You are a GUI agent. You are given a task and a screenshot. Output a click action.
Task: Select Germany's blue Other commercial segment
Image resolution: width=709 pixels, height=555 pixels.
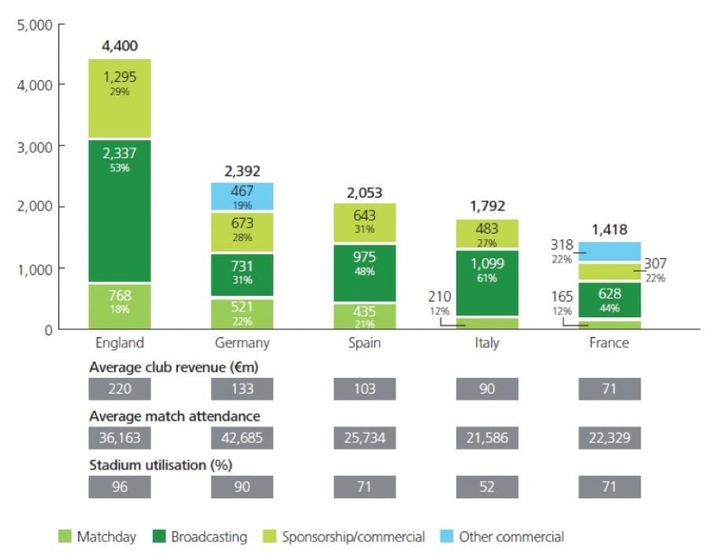[242, 197]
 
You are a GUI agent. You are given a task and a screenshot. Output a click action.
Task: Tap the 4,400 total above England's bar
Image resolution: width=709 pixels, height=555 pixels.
[120, 46]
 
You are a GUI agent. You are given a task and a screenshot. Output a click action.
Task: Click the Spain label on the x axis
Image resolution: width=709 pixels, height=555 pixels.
[365, 343]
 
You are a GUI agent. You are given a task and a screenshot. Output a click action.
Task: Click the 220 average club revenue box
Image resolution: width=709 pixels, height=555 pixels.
[120, 389]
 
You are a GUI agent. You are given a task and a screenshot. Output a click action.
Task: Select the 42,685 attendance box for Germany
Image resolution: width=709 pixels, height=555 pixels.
[242, 438]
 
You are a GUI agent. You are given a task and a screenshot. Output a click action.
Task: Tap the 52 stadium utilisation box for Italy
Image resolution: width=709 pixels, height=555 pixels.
[488, 487]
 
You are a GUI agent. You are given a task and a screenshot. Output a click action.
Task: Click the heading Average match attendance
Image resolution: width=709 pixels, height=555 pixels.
[174, 416]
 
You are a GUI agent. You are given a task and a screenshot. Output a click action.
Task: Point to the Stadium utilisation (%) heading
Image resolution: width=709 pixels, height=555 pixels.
[161, 464]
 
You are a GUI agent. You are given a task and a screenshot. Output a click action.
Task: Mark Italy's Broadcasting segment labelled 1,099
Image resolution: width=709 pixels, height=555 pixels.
[488, 271]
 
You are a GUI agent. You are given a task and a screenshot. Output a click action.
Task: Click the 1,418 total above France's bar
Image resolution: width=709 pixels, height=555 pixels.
[609, 230]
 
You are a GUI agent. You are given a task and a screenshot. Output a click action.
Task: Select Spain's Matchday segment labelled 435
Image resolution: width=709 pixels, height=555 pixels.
[365, 315]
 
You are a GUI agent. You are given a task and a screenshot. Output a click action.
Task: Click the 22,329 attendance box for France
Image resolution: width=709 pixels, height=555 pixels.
[609, 438]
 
